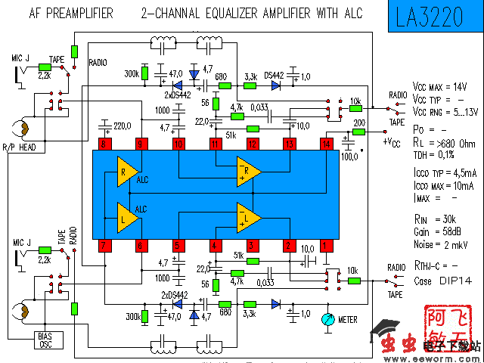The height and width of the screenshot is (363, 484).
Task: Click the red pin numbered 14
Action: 327,144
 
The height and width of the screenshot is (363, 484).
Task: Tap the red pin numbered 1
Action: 327,245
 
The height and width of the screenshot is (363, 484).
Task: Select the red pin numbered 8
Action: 104,144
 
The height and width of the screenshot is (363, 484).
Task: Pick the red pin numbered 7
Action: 104,245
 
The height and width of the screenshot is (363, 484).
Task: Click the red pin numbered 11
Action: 216,144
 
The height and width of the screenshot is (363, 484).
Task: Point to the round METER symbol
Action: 327,319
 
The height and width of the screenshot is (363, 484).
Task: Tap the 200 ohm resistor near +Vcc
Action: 359,132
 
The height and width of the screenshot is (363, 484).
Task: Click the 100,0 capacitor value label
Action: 349,157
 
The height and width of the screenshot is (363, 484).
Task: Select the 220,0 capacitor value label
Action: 123,126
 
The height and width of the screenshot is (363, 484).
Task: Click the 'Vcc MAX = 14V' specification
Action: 439,86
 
